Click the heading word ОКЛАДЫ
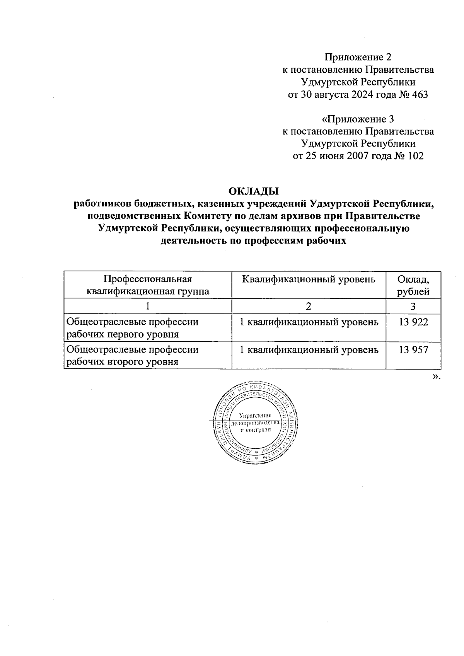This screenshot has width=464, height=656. [253, 191]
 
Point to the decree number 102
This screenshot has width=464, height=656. [415, 156]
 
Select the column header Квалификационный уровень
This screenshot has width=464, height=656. [309, 279]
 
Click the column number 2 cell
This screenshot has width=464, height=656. [309, 307]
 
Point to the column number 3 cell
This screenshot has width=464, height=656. [413, 307]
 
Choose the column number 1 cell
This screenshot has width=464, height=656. [148, 307]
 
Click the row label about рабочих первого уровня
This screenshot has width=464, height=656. [133, 328]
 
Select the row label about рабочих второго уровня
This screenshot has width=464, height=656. [133, 356]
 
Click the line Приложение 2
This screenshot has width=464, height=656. [358, 58]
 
